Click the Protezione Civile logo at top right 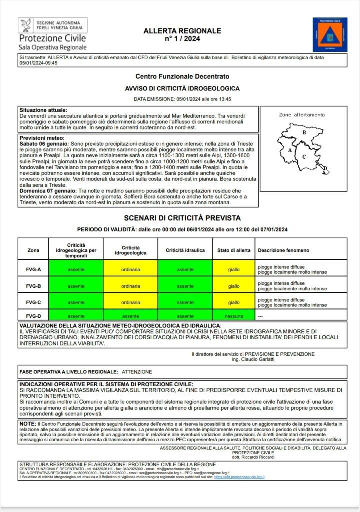click(x=330, y=34)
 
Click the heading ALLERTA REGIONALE click(x=182, y=31)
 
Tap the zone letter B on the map click(x=304, y=132)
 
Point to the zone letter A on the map click(x=290, y=149)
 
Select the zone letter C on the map click(x=304, y=156)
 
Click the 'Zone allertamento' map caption click(x=301, y=115)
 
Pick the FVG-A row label click(x=34, y=270)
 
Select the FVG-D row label click(x=34, y=316)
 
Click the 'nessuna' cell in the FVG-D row click(x=234, y=316)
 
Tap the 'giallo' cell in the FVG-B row click(x=234, y=286)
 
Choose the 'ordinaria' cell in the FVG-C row click(x=130, y=302)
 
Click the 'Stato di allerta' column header click(x=234, y=250)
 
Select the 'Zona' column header click(x=34, y=250)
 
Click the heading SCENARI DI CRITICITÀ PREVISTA click(x=182, y=218)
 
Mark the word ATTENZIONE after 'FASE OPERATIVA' click(x=137, y=372)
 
